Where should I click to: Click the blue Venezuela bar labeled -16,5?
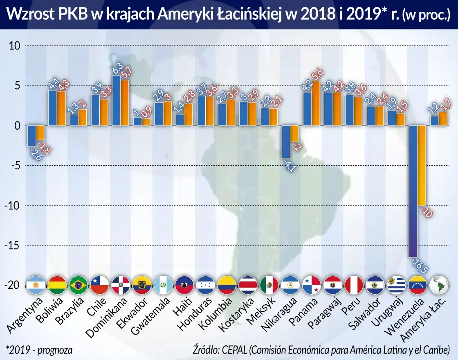click(413, 190)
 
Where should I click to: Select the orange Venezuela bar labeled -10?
click(422, 165)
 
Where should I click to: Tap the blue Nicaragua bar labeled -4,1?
click(286, 142)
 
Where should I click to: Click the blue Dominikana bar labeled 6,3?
click(117, 100)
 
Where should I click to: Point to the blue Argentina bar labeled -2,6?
click(31, 135)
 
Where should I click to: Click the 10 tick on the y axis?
click(15, 46)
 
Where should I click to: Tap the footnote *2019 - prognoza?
click(39, 350)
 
